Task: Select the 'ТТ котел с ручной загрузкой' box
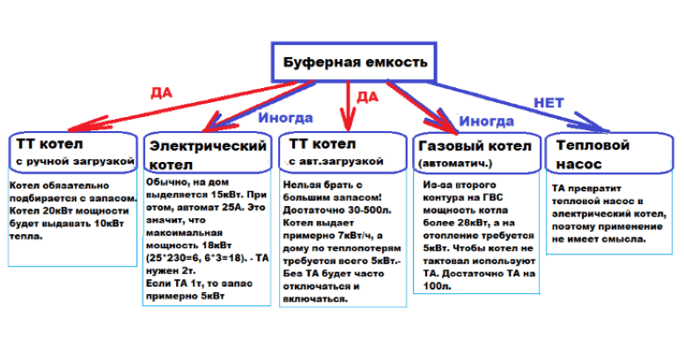[x=73, y=151]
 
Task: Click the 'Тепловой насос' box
[x=600, y=152]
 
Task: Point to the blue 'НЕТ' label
[x=549, y=103]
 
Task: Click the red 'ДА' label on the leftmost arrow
[x=161, y=91]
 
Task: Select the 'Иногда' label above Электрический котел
[x=279, y=119]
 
